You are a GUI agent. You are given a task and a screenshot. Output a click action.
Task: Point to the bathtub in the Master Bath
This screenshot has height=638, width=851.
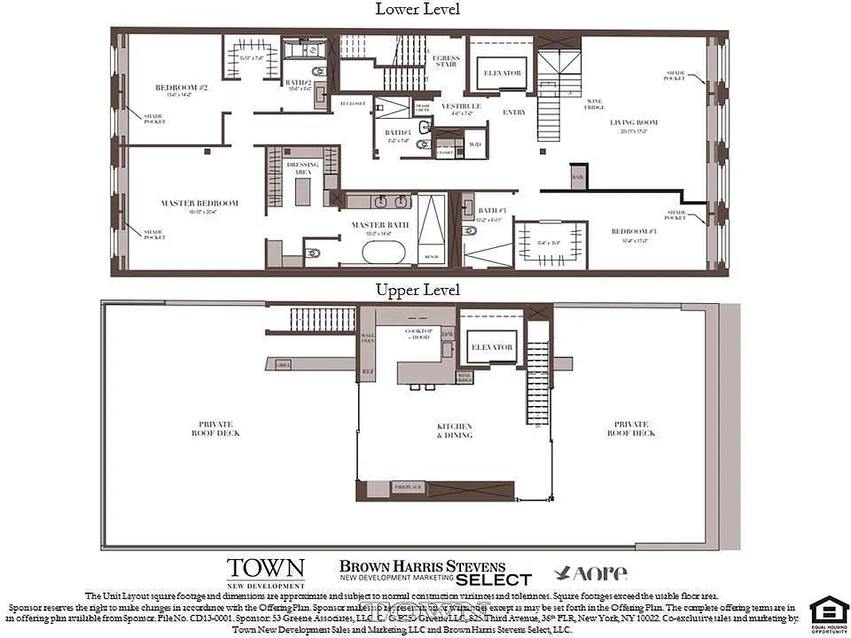pos(384,253)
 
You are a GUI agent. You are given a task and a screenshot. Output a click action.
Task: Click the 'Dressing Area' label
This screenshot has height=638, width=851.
pos(301,167)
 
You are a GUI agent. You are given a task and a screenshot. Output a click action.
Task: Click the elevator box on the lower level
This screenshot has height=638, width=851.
pos(502,73)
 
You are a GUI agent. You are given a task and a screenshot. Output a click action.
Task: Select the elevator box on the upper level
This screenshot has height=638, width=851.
pos(491,347)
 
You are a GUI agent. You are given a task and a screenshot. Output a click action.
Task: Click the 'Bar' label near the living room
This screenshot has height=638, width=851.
pos(577,176)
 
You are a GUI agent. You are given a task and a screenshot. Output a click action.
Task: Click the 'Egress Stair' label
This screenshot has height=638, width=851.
pos(445,61)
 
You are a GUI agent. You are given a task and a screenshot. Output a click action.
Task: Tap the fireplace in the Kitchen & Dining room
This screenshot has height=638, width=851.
pos(435,487)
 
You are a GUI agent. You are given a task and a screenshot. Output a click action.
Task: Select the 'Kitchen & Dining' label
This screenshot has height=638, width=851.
pos(454,431)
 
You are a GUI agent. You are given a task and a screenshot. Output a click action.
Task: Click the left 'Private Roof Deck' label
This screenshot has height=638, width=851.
pos(215,428)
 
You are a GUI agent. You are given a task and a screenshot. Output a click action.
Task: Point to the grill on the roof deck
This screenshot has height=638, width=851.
pos(282,364)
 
